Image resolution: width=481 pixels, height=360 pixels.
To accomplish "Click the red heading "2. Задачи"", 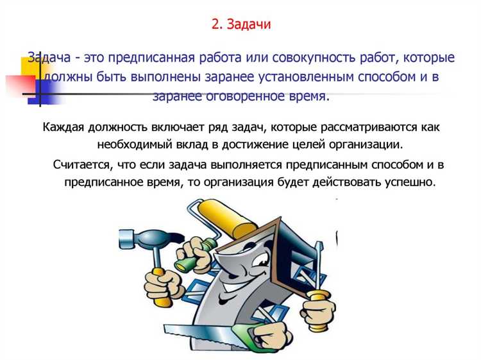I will click(240, 24).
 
